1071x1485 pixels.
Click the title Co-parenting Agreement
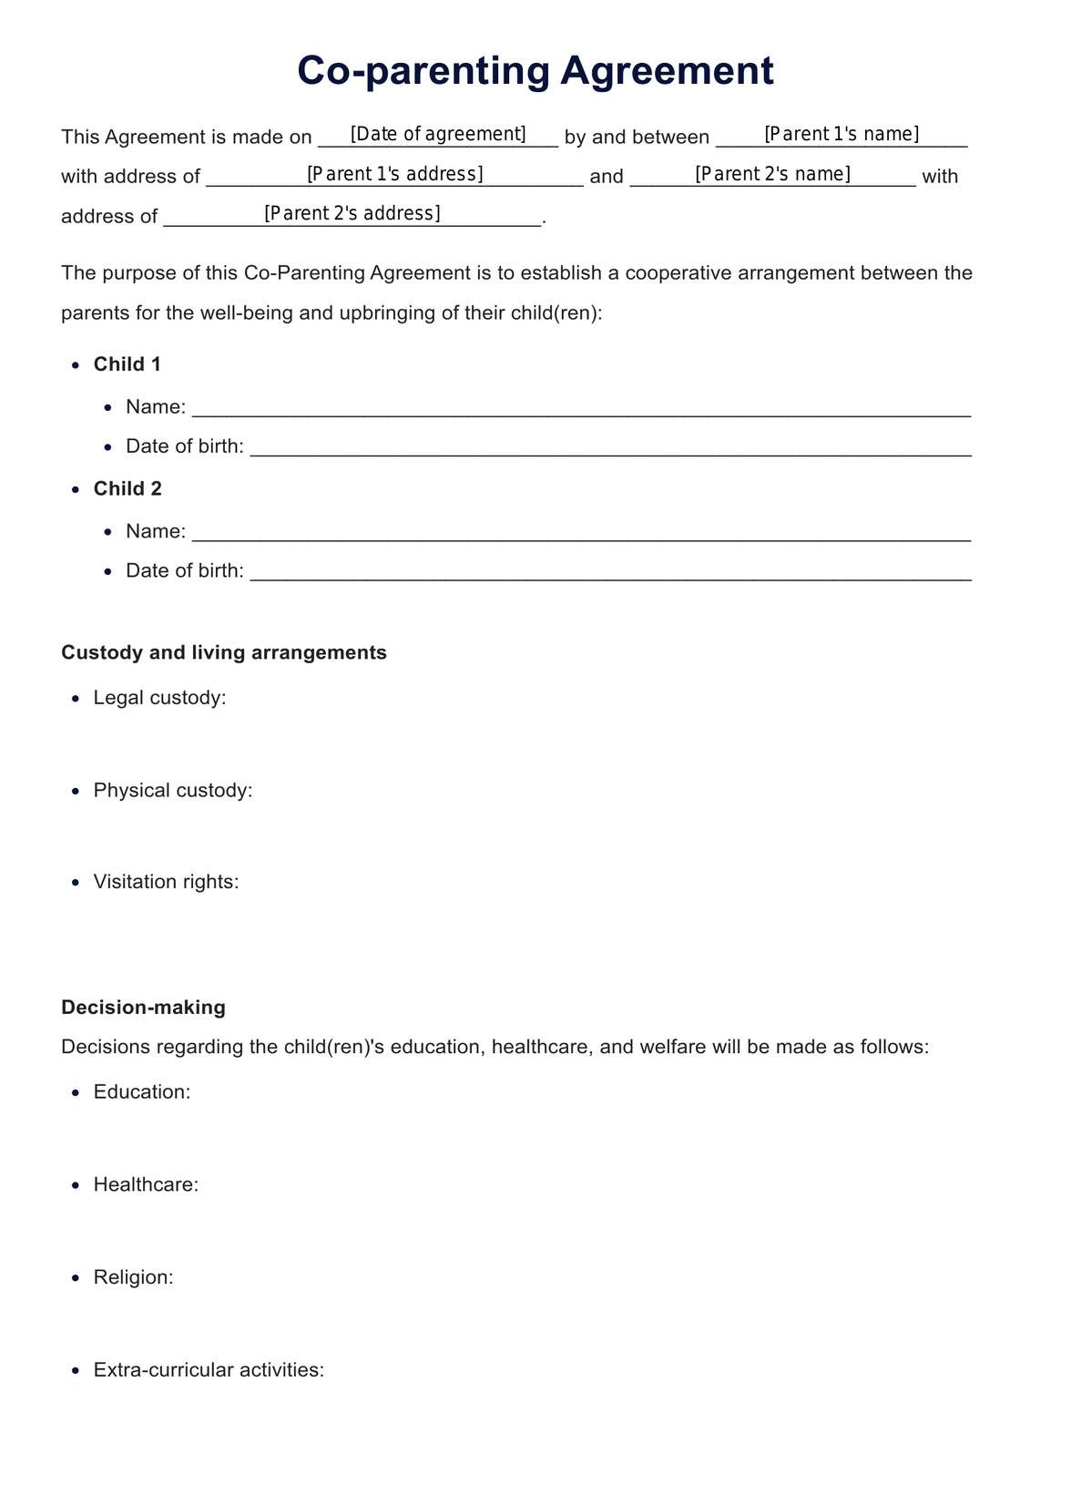pyautogui.click(x=535, y=71)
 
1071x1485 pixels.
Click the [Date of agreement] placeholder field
pyautogui.click(x=438, y=135)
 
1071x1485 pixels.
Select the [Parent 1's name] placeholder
pyautogui.click(x=841, y=135)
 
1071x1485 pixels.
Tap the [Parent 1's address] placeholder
pyautogui.click(x=394, y=174)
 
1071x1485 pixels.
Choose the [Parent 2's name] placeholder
pyautogui.click(x=772, y=174)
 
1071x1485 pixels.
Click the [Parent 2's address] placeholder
pyautogui.click(x=352, y=213)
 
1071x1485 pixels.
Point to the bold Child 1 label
pyautogui.click(x=127, y=364)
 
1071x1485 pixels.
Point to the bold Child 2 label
pyautogui.click(x=127, y=489)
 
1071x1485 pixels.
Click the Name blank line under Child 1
pyautogui.click(x=581, y=408)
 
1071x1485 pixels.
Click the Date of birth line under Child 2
pyautogui.click(x=610, y=572)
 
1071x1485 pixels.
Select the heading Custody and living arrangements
pyautogui.click(x=224, y=653)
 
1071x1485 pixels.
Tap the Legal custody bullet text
pyautogui.click(x=159, y=698)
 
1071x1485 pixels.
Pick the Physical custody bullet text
pyautogui.click(x=173, y=791)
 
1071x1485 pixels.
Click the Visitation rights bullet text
pyautogui.click(x=166, y=882)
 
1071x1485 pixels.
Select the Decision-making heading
pyautogui.click(x=143, y=1008)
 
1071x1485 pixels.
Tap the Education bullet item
pyautogui.click(x=142, y=1092)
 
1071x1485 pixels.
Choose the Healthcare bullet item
pyautogui.click(x=146, y=1185)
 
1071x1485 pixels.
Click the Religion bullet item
pyautogui.click(x=133, y=1277)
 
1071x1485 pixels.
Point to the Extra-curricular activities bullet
pyautogui.click(x=209, y=1370)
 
